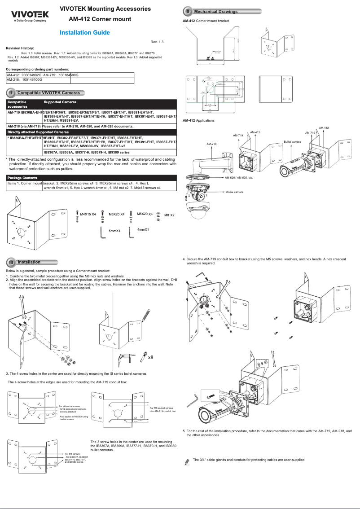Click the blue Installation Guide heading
click(85, 32)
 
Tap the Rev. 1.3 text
click(157, 42)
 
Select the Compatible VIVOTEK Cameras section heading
click(48, 93)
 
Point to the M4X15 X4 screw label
click(88, 215)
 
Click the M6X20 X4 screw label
click(116, 215)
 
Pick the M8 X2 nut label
click(169, 215)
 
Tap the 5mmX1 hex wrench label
click(114, 231)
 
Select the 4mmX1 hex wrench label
click(143, 229)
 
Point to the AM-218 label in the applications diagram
click(211, 144)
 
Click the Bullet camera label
click(292, 141)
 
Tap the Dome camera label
click(234, 192)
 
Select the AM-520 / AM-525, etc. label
click(239, 178)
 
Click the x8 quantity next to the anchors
click(151, 357)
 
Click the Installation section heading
click(29, 262)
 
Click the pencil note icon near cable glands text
click(187, 461)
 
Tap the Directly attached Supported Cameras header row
click(38, 132)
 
